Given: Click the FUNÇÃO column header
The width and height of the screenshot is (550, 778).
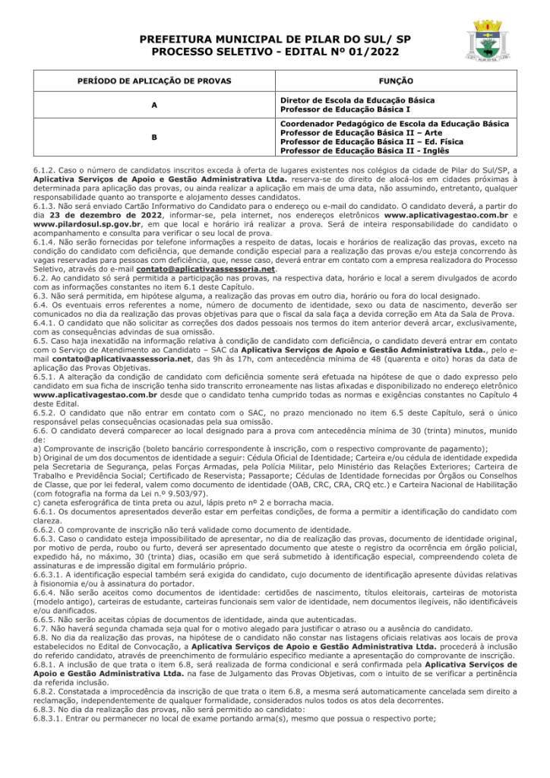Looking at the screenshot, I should pyautogui.click(x=395, y=80).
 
